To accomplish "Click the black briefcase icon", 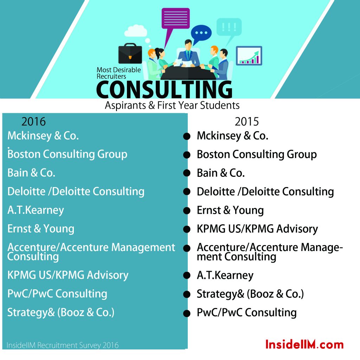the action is (x=130, y=53).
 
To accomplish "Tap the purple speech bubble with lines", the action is (x=176, y=18).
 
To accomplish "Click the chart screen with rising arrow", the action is (x=249, y=56).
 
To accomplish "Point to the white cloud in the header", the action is (x=136, y=31).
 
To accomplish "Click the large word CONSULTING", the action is (x=165, y=90).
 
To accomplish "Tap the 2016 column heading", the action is (x=33, y=121).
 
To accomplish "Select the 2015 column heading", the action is (x=247, y=121).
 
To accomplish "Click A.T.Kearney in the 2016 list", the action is (x=36, y=210).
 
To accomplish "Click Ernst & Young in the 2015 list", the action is (x=230, y=210).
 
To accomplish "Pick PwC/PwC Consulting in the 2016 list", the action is (x=57, y=294).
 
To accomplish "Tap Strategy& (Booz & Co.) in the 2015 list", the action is (x=250, y=294).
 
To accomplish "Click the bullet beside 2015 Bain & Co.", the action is (x=187, y=173).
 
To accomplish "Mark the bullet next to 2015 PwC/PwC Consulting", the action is (x=187, y=313).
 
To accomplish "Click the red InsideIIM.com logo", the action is (x=304, y=345).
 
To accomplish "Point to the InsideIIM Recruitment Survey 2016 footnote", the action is (x=63, y=345).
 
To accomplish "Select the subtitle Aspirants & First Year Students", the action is (x=172, y=105).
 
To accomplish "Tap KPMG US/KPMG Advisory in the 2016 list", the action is (x=68, y=275).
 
